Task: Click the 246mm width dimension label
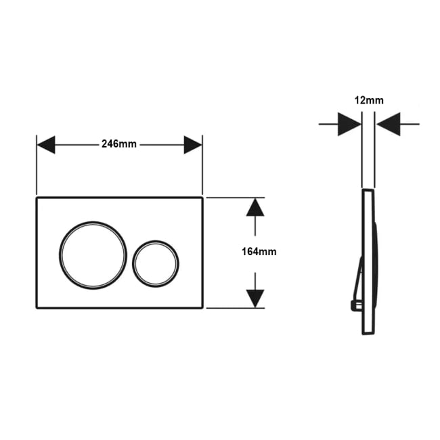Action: pos(119,144)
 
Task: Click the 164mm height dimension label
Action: pos(259,252)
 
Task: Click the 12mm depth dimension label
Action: pos(369,100)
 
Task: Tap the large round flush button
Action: pos(93,255)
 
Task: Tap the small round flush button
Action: pos(156,264)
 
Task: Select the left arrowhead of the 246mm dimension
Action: pos(46,145)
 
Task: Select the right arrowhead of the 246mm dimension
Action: pos(193,145)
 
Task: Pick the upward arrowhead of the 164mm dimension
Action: pos(255,207)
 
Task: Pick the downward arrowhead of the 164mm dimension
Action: pos(255,299)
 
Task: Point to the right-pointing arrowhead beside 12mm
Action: pos(349,124)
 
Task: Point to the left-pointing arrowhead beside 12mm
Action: pos(389,124)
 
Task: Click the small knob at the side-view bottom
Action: pos(356,305)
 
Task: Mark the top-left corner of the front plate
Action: pos(37,198)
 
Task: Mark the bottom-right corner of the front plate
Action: pos(202,308)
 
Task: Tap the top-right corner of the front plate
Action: pos(202,198)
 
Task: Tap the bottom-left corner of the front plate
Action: pos(37,308)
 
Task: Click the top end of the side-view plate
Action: pos(368,190)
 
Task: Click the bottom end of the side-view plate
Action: pos(368,334)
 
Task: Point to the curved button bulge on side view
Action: pos(376,264)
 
